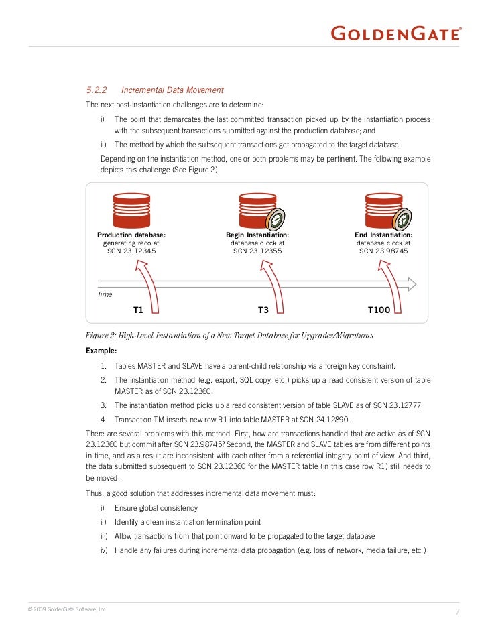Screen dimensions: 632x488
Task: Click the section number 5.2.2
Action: pyautogui.click(x=97, y=90)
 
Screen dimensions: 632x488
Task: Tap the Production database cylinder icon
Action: pyautogui.click(x=131, y=210)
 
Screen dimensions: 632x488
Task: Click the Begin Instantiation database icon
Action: pyautogui.click(x=257, y=210)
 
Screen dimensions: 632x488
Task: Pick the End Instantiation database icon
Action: pyautogui.click(x=383, y=210)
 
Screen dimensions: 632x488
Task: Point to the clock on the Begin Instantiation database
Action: pyautogui.click(x=276, y=218)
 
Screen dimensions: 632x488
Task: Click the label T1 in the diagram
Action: pyautogui.click(x=139, y=310)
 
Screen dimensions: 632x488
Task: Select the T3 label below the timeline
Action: pyautogui.click(x=263, y=310)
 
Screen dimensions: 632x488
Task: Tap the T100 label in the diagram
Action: pyautogui.click(x=379, y=310)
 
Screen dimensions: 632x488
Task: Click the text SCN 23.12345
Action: pyautogui.click(x=131, y=251)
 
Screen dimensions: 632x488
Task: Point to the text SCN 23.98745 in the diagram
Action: pyautogui.click(x=383, y=251)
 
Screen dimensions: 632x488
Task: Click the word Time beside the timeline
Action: pyautogui.click(x=105, y=294)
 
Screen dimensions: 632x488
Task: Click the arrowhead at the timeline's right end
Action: pyautogui.click(x=410, y=284)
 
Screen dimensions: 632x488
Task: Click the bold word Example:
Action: pyautogui.click(x=101, y=351)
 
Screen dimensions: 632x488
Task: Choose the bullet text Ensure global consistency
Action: pyautogui.click(x=156, y=508)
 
